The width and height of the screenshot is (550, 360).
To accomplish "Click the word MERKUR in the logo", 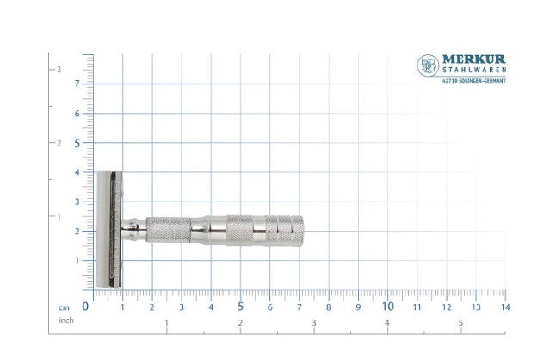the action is [474, 59].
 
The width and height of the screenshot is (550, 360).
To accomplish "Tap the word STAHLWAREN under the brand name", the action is [474, 70].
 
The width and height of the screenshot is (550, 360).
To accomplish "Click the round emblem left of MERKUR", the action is [428, 65].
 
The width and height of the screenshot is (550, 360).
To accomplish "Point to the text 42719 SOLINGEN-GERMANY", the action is [474, 81].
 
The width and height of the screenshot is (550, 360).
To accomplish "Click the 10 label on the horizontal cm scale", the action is [387, 307].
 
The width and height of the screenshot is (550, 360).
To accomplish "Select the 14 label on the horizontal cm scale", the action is [505, 307].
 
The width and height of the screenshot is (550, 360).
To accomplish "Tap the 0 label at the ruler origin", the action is [85, 307].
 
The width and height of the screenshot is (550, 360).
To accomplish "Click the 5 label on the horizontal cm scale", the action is [240, 307].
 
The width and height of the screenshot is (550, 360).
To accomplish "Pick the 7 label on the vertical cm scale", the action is [77, 84].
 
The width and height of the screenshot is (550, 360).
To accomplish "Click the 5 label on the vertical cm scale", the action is [77, 143].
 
